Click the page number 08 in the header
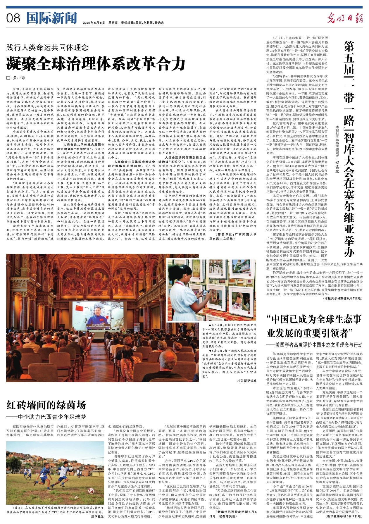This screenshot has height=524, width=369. [x=13, y=18]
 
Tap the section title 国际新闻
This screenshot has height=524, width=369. [x=51, y=18]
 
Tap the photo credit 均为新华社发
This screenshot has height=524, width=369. [x=247, y=380]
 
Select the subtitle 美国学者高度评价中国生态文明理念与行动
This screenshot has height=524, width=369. [x=314, y=345]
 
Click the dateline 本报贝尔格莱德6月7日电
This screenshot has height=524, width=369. [x=343, y=299]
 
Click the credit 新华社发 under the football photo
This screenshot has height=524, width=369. [x=98, y=516]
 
